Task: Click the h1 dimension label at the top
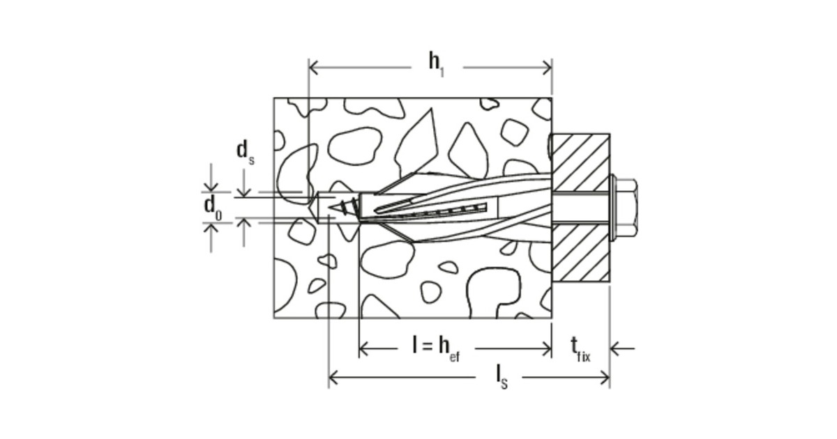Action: (x=437, y=65)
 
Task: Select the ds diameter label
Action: (x=246, y=152)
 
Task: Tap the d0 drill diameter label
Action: (x=213, y=208)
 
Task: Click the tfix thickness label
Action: (x=580, y=350)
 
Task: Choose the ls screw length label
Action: (x=502, y=378)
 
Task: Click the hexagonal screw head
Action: (x=626, y=208)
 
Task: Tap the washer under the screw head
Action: (x=612, y=208)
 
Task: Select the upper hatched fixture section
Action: (x=581, y=162)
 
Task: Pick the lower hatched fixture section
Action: (x=581, y=253)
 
